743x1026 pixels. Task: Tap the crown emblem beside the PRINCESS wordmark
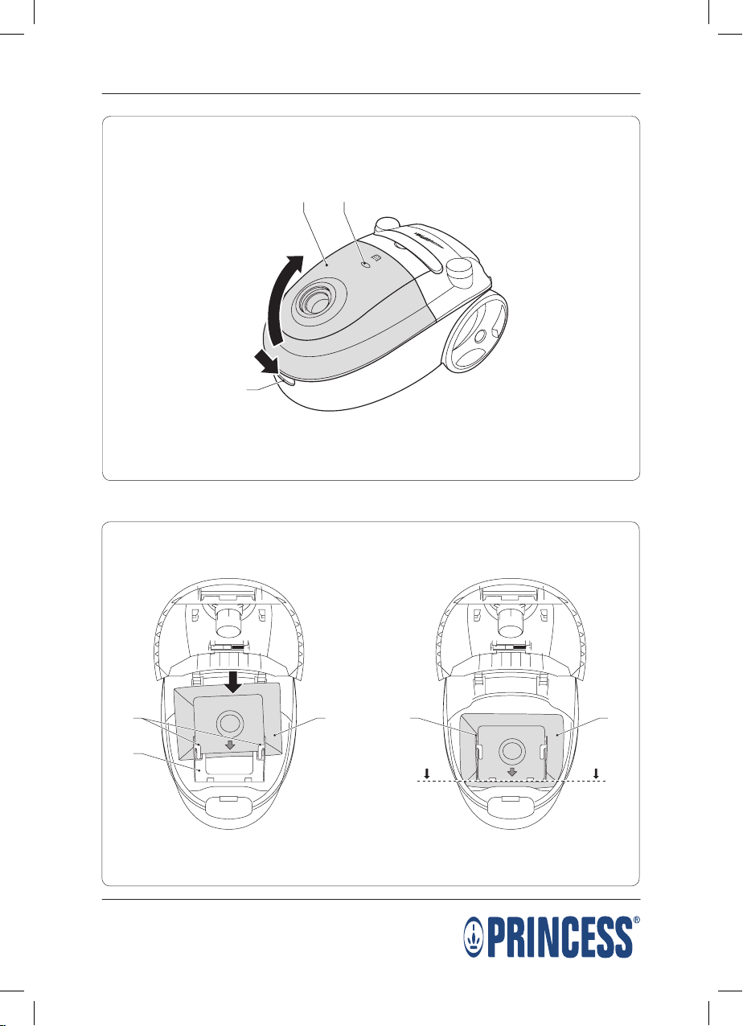point(474,938)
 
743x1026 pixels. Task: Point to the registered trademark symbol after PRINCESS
point(637,920)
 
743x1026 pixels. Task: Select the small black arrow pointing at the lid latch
point(267,361)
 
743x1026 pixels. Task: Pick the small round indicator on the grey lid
point(365,265)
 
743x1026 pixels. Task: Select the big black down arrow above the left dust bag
point(234,683)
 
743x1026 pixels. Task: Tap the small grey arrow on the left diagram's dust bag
point(230,745)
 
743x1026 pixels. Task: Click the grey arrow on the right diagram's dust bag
point(511,772)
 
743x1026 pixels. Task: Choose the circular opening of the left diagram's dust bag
point(230,724)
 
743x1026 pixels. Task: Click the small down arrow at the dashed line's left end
point(427,774)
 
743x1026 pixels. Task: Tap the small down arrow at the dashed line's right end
point(596,774)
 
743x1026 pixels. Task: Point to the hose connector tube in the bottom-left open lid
point(228,621)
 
